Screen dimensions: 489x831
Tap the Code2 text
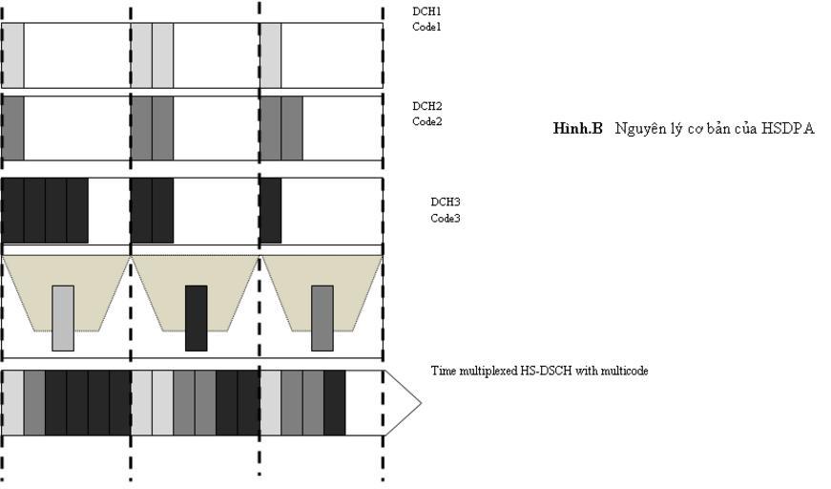pos(426,122)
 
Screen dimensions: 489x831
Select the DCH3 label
pos(446,202)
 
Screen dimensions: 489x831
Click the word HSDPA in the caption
pos(788,129)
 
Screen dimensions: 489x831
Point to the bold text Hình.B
pos(577,129)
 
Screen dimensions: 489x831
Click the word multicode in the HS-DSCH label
pos(624,371)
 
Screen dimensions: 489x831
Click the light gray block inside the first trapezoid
pos(63,318)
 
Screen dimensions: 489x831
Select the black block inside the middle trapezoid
pos(196,318)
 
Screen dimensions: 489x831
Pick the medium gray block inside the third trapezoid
pos(322,318)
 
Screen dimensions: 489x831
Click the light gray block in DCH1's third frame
pos(271,55)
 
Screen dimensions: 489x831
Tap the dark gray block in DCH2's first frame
pos(13,127)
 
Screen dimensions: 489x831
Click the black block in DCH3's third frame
pos(271,210)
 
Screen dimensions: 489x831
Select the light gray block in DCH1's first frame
pos(13,55)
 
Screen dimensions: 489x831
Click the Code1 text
pos(426,27)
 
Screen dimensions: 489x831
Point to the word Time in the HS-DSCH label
pos(443,371)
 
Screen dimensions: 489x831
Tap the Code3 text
pos(446,219)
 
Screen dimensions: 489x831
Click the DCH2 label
pos(426,106)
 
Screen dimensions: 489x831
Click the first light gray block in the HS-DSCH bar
pos(13,403)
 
